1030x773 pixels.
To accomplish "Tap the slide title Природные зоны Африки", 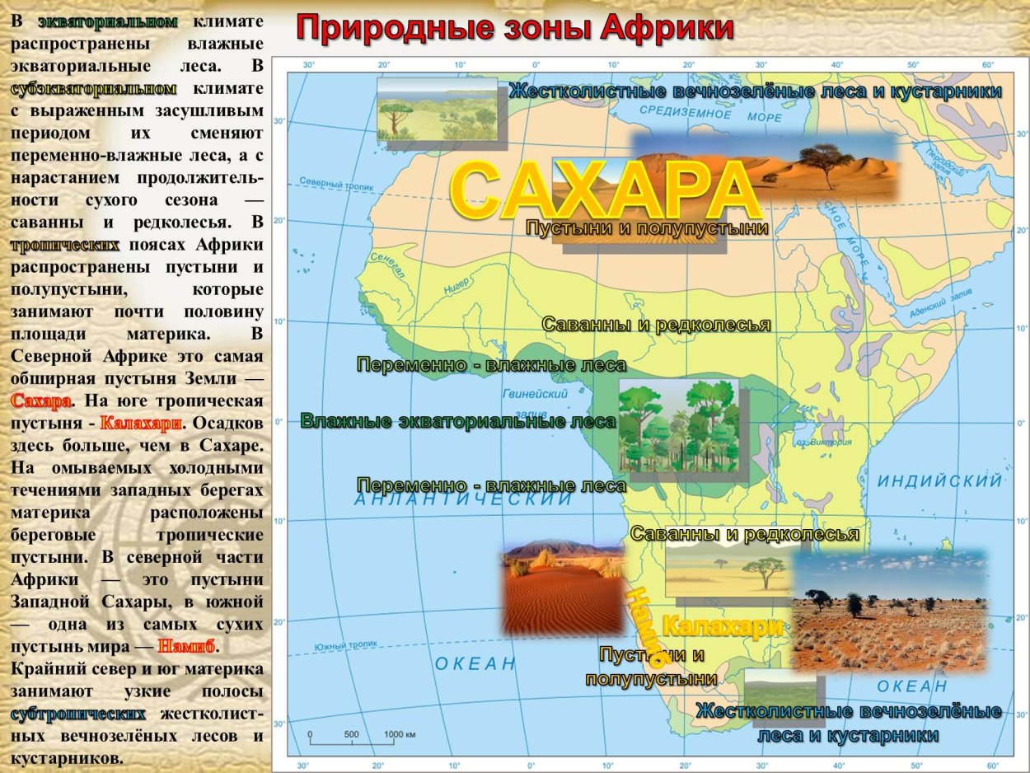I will (x=515, y=27).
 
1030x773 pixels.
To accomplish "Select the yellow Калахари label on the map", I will (x=723, y=627).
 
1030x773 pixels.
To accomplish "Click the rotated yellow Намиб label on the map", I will (x=644, y=625).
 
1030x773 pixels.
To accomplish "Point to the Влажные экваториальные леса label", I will (x=458, y=421).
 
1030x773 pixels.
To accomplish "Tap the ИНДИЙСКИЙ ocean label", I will (x=939, y=480).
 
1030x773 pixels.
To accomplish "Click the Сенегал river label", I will (x=386, y=264).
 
